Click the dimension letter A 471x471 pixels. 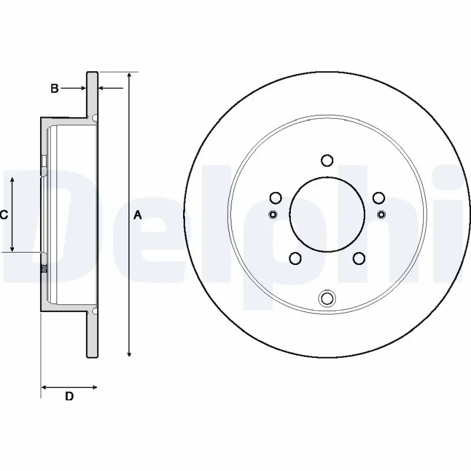(x=138, y=215)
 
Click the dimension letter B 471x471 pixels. (x=54, y=89)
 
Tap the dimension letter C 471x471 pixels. (x=4, y=215)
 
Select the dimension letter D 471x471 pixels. (x=69, y=397)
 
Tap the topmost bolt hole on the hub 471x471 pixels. (x=327, y=160)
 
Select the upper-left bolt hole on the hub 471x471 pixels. (x=275, y=198)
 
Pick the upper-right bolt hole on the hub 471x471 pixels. (x=379, y=198)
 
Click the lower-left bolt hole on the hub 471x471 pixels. (x=295, y=258)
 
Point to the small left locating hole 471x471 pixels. (x=272, y=213)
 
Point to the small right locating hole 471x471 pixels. (x=382, y=213)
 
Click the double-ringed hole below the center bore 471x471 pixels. (x=327, y=298)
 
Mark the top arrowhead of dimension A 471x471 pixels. (x=130, y=76)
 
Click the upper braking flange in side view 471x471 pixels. (x=92, y=94)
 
